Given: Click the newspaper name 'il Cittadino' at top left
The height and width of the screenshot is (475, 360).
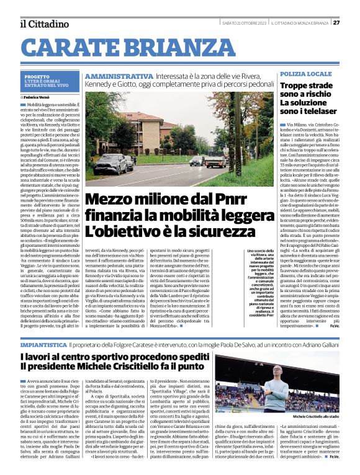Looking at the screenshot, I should (x=43, y=24).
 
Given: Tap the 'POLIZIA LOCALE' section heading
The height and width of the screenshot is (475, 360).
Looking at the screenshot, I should (x=305, y=74).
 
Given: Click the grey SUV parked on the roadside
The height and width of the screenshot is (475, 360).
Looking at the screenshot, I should (x=112, y=164).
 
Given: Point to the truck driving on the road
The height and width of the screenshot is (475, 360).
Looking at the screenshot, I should (x=215, y=161).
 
